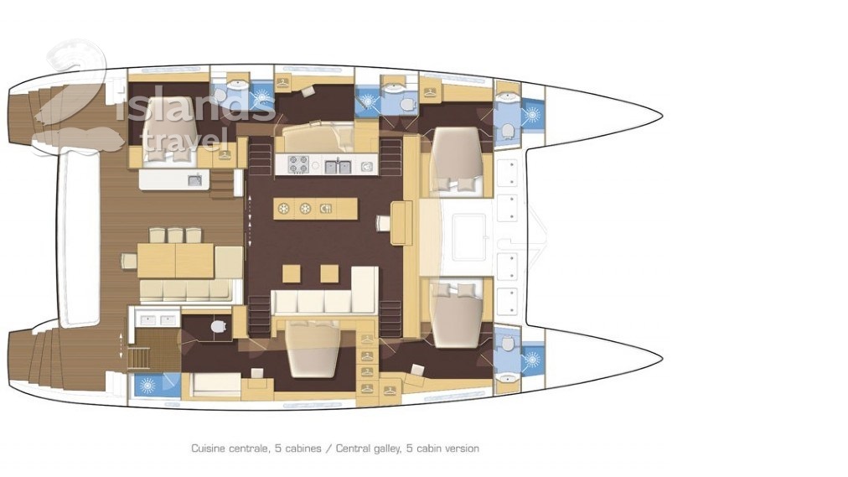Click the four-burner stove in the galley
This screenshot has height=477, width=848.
[298, 164]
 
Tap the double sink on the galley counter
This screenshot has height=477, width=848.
[339, 165]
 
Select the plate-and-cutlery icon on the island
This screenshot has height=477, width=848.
[326, 209]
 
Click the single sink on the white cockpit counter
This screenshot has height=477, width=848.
[194, 180]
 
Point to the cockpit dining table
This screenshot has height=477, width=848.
[176, 260]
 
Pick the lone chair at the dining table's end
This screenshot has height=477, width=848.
[129, 261]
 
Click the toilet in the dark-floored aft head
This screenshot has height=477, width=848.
[218, 327]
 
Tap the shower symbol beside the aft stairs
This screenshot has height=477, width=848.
[147, 385]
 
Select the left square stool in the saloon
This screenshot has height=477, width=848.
[291, 273]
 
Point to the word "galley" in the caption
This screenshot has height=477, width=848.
[382, 448]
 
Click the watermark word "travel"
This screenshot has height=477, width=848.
[183, 139]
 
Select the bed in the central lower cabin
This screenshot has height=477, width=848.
[313, 348]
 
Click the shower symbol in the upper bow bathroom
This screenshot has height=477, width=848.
[532, 115]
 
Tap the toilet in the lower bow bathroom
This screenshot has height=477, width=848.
[507, 344]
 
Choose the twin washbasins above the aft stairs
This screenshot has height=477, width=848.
[158, 320]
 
